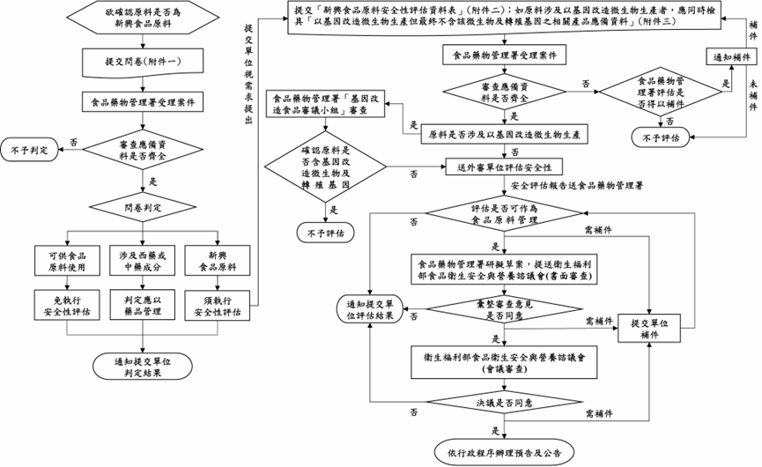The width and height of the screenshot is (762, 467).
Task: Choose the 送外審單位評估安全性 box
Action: click(503, 167)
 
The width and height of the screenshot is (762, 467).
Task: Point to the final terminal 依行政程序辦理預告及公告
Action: click(503, 452)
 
